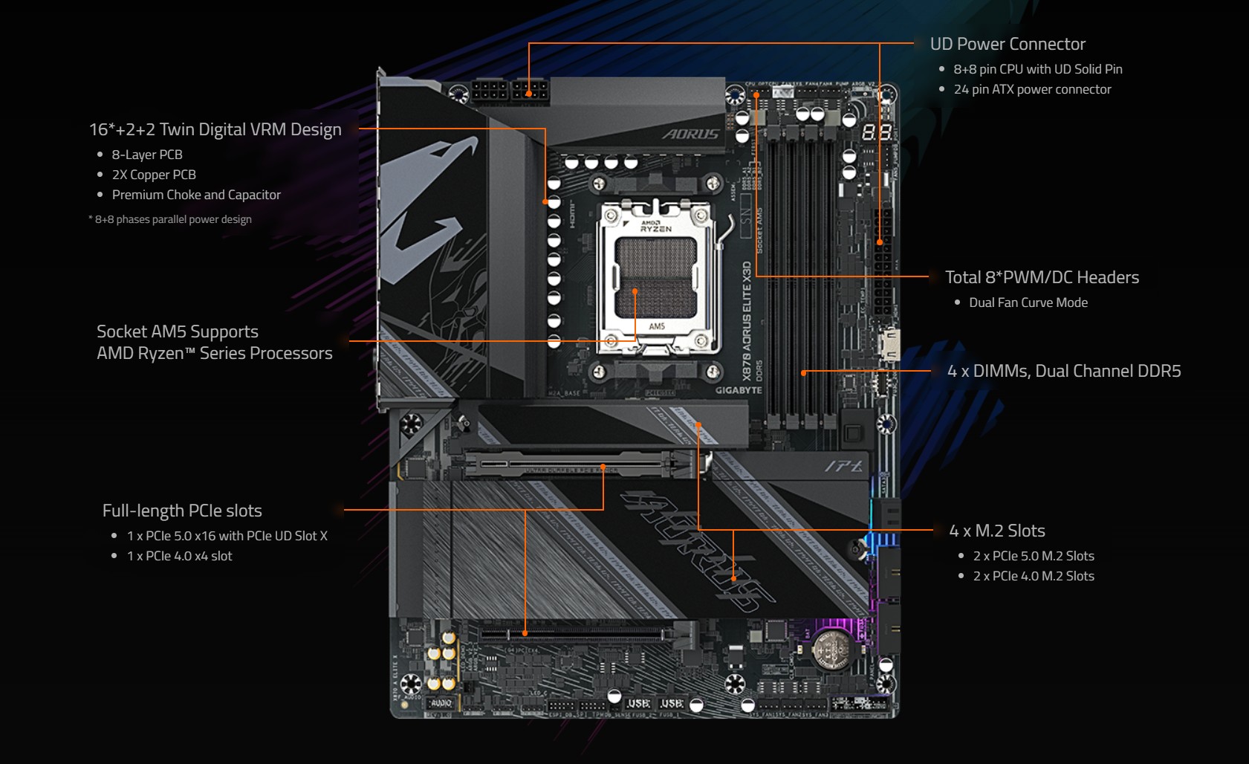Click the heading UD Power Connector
click(1007, 44)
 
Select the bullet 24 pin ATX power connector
click(1032, 89)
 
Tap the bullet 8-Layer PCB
click(147, 155)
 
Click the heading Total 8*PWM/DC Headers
click(1041, 277)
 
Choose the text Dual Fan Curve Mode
click(1028, 302)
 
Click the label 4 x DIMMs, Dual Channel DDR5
click(1063, 371)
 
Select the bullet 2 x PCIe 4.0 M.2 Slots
click(1033, 576)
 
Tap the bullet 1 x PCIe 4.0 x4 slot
click(179, 556)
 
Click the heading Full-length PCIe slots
click(182, 511)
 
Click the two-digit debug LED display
click(877, 133)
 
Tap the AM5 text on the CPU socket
click(657, 326)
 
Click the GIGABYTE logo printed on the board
click(739, 390)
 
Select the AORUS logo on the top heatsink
click(690, 134)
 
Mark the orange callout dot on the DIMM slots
click(803, 372)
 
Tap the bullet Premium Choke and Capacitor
click(196, 195)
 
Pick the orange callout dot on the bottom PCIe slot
click(525, 633)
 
